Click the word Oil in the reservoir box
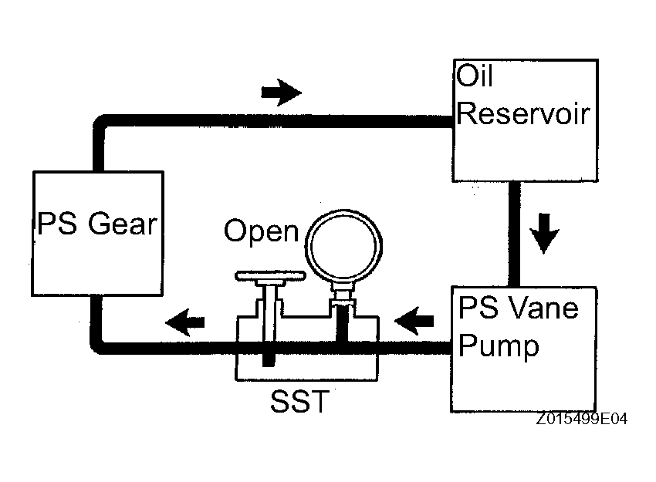click(474, 76)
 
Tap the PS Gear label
click(97, 224)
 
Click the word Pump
click(499, 347)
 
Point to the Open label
click(262, 231)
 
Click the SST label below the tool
click(299, 402)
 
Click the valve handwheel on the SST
click(270, 276)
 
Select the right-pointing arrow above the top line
click(281, 93)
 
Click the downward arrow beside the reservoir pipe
click(544, 233)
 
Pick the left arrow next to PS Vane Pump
click(414, 321)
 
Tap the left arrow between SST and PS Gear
click(185, 322)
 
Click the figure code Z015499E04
click(582, 419)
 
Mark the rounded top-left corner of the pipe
click(99, 121)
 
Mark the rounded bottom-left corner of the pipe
click(96, 349)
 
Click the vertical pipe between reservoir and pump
click(515, 234)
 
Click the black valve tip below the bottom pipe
click(269, 360)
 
